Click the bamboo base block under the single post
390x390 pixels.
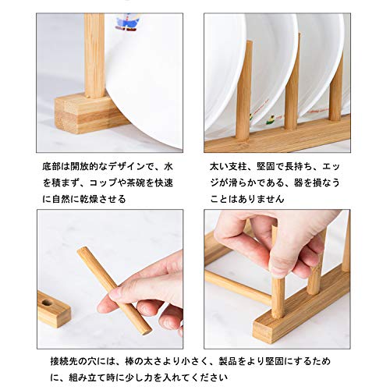pyautogui.click(x=87, y=110)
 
